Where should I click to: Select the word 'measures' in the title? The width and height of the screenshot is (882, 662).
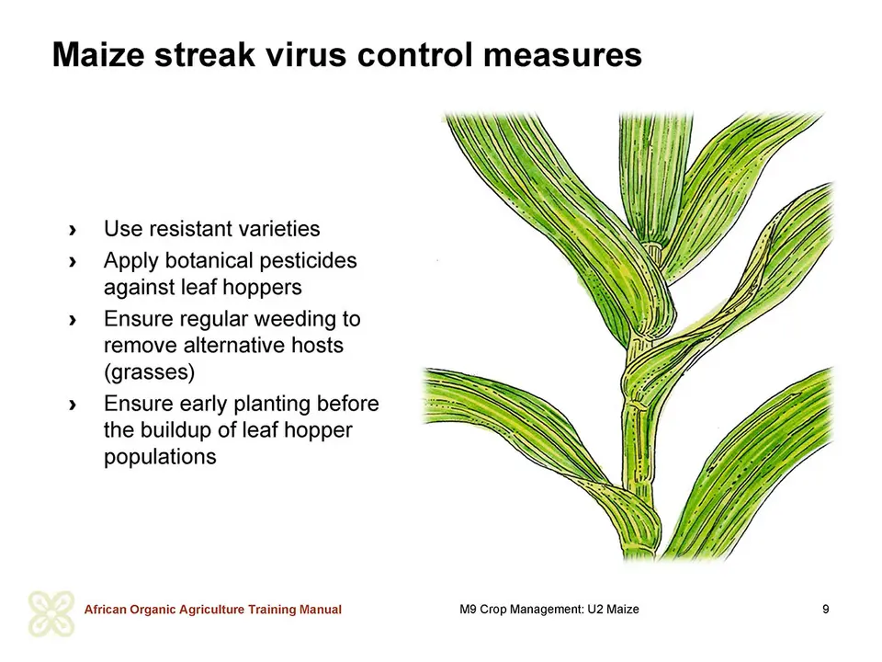tap(562, 54)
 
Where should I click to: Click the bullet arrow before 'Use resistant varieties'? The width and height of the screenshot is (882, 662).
tap(72, 230)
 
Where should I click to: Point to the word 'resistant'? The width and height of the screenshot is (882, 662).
tap(189, 229)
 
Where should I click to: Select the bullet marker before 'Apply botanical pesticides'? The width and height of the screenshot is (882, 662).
tap(72, 262)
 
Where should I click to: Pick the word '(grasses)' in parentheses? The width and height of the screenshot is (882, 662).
tap(149, 372)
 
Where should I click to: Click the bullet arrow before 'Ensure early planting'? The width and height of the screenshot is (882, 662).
tap(72, 405)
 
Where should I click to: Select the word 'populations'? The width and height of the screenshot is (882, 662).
tap(160, 457)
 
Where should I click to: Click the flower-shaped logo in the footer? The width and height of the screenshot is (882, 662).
tap(51, 614)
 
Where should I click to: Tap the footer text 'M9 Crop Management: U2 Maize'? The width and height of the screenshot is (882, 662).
tap(549, 609)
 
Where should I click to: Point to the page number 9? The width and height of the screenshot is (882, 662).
tap(826, 609)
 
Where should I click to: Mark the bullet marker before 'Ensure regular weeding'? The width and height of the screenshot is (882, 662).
tap(72, 320)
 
